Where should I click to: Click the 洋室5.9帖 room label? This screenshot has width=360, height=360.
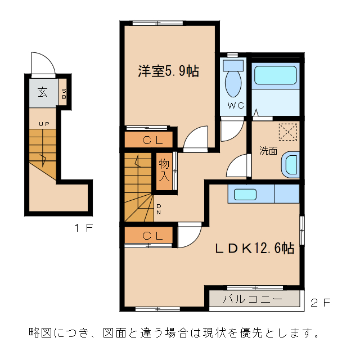point(168,71)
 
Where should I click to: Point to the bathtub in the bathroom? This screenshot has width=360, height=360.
point(275,76)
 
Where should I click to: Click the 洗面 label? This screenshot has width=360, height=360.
point(268,151)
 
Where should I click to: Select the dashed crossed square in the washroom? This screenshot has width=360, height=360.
point(288,133)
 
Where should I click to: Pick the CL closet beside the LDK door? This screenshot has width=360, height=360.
point(148,236)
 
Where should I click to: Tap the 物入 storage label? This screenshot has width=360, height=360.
point(164,169)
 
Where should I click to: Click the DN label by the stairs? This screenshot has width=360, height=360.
point(159,209)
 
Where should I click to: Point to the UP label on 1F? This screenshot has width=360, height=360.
point(43,124)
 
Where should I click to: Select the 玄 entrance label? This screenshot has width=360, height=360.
point(43,92)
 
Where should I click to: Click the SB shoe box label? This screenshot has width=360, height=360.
point(64,93)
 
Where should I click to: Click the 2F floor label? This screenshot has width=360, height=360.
point(320,303)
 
